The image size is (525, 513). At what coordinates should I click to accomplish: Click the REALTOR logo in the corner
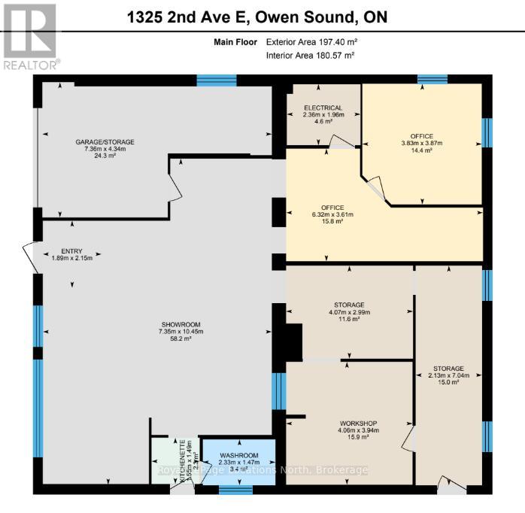click(29, 36)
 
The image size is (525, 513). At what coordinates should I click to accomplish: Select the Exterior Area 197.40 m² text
click(309, 43)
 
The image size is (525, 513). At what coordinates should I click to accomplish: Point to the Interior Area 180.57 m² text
click(309, 56)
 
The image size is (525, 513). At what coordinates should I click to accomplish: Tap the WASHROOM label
click(238, 455)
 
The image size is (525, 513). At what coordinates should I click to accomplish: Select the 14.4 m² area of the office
click(421, 150)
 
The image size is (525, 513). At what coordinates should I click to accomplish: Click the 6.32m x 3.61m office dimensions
click(332, 215)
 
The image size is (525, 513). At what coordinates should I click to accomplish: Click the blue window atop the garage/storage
click(217, 80)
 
